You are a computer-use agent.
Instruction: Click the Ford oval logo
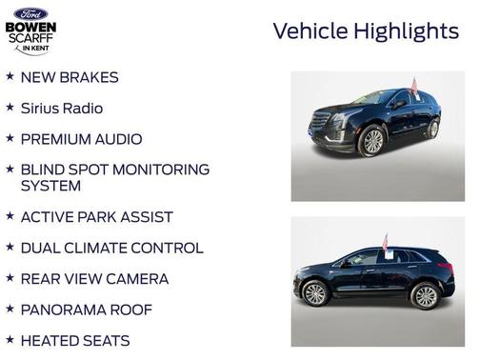pos(30,12)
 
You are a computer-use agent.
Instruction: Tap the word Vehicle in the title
pos(310,31)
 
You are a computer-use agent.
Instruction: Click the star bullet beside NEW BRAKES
pos(10,76)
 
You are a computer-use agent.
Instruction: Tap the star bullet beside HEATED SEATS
pos(10,339)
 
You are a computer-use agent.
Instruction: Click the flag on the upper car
pos(413,87)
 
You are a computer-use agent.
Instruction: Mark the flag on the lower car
pos(386,243)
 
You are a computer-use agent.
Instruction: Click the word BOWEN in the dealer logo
pos(30,28)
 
